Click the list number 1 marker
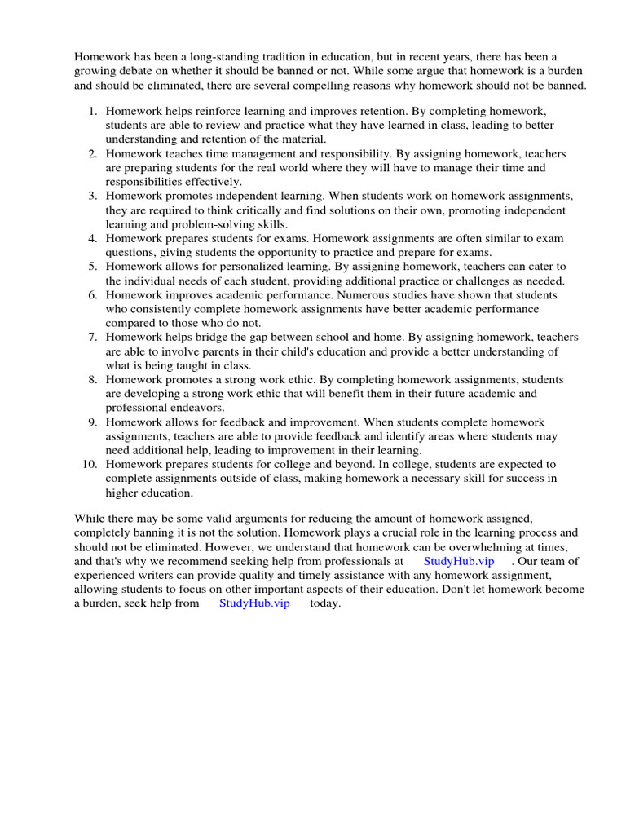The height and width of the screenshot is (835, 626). click(93, 111)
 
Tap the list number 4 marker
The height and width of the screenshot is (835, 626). click(93, 238)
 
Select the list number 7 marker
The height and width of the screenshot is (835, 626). click(93, 337)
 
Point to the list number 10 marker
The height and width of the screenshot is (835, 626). click(90, 464)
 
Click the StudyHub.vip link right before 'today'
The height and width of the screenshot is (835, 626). click(254, 603)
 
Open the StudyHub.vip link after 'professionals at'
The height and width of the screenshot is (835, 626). click(459, 561)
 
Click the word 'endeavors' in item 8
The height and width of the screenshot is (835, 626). click(197, 407)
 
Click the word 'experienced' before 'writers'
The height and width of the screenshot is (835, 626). click(104, 575)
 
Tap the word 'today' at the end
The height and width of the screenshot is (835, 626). click(325, 603)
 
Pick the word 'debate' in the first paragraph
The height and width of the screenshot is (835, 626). click(136, 71)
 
